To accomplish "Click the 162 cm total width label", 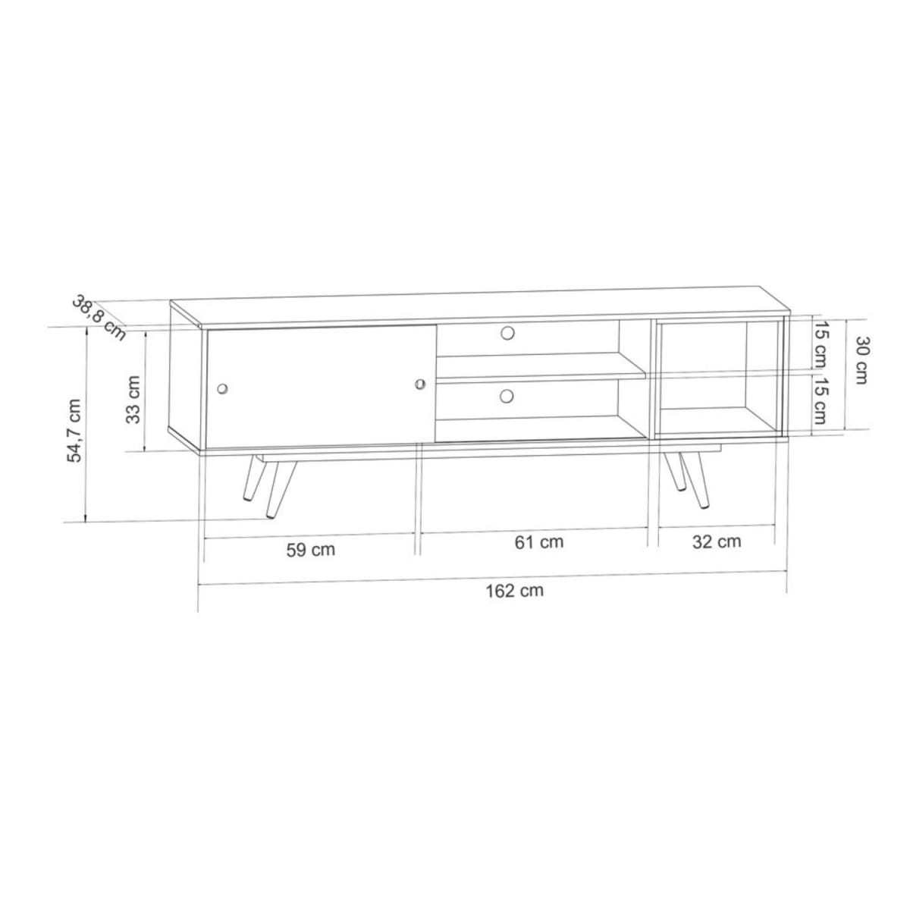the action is click(x=514, y=591).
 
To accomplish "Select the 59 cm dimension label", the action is click(x=310, y=550).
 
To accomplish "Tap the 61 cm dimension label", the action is click(x=539, y=542).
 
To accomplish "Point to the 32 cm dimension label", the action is click(x=717, y=542).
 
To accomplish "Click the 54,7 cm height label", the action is click(x=75, y=431).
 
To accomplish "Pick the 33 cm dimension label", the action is click(x=133, y=400).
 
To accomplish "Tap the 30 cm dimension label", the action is click(x=861, y=360).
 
